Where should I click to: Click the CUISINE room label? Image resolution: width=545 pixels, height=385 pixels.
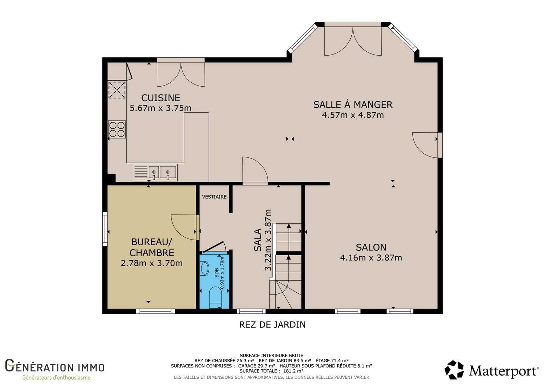tap(161, 98)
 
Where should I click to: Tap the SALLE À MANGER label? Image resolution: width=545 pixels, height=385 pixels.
tap(353, 104)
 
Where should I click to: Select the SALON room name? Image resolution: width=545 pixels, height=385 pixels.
tap(371, 247)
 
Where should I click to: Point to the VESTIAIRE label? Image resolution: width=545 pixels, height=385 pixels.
tap(214, 197)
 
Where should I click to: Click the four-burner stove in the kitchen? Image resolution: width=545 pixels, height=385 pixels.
tap(117, 129)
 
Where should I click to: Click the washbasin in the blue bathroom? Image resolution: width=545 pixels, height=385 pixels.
tap(204, 268)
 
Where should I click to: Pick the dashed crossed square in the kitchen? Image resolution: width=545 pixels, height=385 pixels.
tap(117, 90)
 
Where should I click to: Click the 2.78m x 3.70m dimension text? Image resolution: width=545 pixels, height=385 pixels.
tap(152, 263)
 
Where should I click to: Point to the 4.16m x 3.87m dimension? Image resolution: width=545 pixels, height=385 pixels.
tap(371, 258)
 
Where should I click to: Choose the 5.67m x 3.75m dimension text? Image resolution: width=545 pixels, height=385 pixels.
tap(161, 108)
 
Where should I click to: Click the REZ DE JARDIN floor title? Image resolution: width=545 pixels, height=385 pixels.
tap(272, 325)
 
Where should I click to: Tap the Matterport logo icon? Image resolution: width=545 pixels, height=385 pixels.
tap(454, 370)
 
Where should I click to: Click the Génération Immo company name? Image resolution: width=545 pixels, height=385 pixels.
tap(55, 366)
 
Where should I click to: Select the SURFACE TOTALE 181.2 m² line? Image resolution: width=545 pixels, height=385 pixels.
tap(271, 371)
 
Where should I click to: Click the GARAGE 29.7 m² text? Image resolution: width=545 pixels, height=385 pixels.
tap(257, 366)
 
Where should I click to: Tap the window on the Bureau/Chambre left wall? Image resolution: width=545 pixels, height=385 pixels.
tap(105, 229)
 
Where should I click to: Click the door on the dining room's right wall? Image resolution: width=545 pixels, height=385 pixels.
tap(440, 145)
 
